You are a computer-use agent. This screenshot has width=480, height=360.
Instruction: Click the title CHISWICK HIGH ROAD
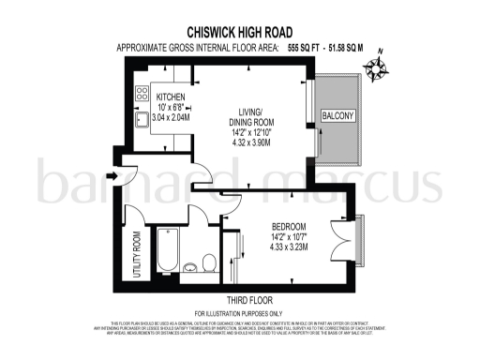pyautogui.click(x=239, y=31)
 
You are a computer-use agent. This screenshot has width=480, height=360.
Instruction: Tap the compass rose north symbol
pyautogui.click(x=379, y=68)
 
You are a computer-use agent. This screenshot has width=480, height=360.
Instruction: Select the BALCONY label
pyautogui.click(x=338, y=116)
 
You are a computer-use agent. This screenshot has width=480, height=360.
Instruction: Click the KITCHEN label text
pyautogui.click(x=172, y=97)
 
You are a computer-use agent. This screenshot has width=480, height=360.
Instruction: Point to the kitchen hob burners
pyautogui.click(x=142, y=94)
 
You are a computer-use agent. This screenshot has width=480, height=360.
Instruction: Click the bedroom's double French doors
pyautogui.click(x=347, y=236)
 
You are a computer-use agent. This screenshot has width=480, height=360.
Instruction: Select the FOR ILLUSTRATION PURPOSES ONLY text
pyautogui.click(x=238, y=312)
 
